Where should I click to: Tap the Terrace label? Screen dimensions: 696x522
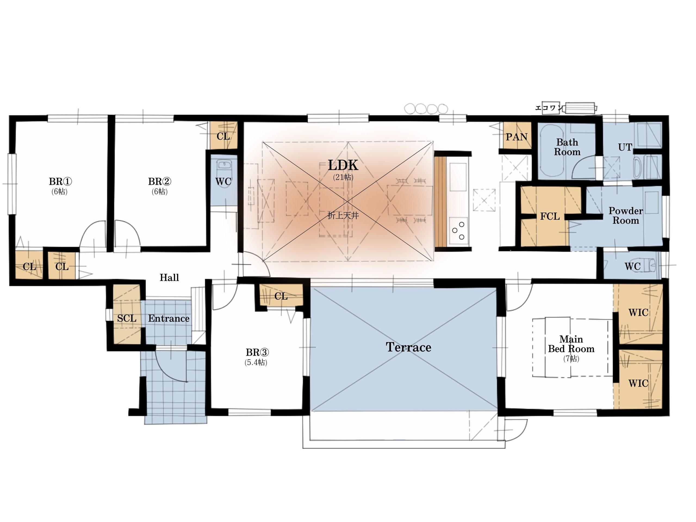click(x=408, y=347)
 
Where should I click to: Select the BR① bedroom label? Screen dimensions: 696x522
click(x=60, y=182)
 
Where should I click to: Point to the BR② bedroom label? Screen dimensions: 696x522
click(x=160, y=182)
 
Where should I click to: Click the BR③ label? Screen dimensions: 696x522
click(x=257, y=352)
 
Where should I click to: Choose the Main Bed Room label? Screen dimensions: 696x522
click(x=571, y=344)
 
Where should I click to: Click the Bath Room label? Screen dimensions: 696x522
click(x=567, y=147)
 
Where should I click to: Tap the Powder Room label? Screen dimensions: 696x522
click(x=626, y=216)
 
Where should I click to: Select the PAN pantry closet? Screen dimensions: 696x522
click(x=517, y=137)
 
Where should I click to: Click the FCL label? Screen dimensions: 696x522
click(x=550, y=216)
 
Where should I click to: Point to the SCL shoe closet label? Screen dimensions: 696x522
click(x=127, y=318)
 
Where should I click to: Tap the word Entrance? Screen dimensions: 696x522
click(x=169, y=318)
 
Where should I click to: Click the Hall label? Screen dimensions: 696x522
click(x=169, y=278)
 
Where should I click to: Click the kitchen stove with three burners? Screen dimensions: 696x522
click(x=458, y=230)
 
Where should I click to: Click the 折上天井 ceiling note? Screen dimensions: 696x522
click(x=343, y=216)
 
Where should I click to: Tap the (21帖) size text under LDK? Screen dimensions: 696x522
click(x=343, y=178)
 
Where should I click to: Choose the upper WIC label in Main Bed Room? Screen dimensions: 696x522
click(x=638, y=312)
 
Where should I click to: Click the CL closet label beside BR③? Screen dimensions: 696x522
click(x=281, y=296)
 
